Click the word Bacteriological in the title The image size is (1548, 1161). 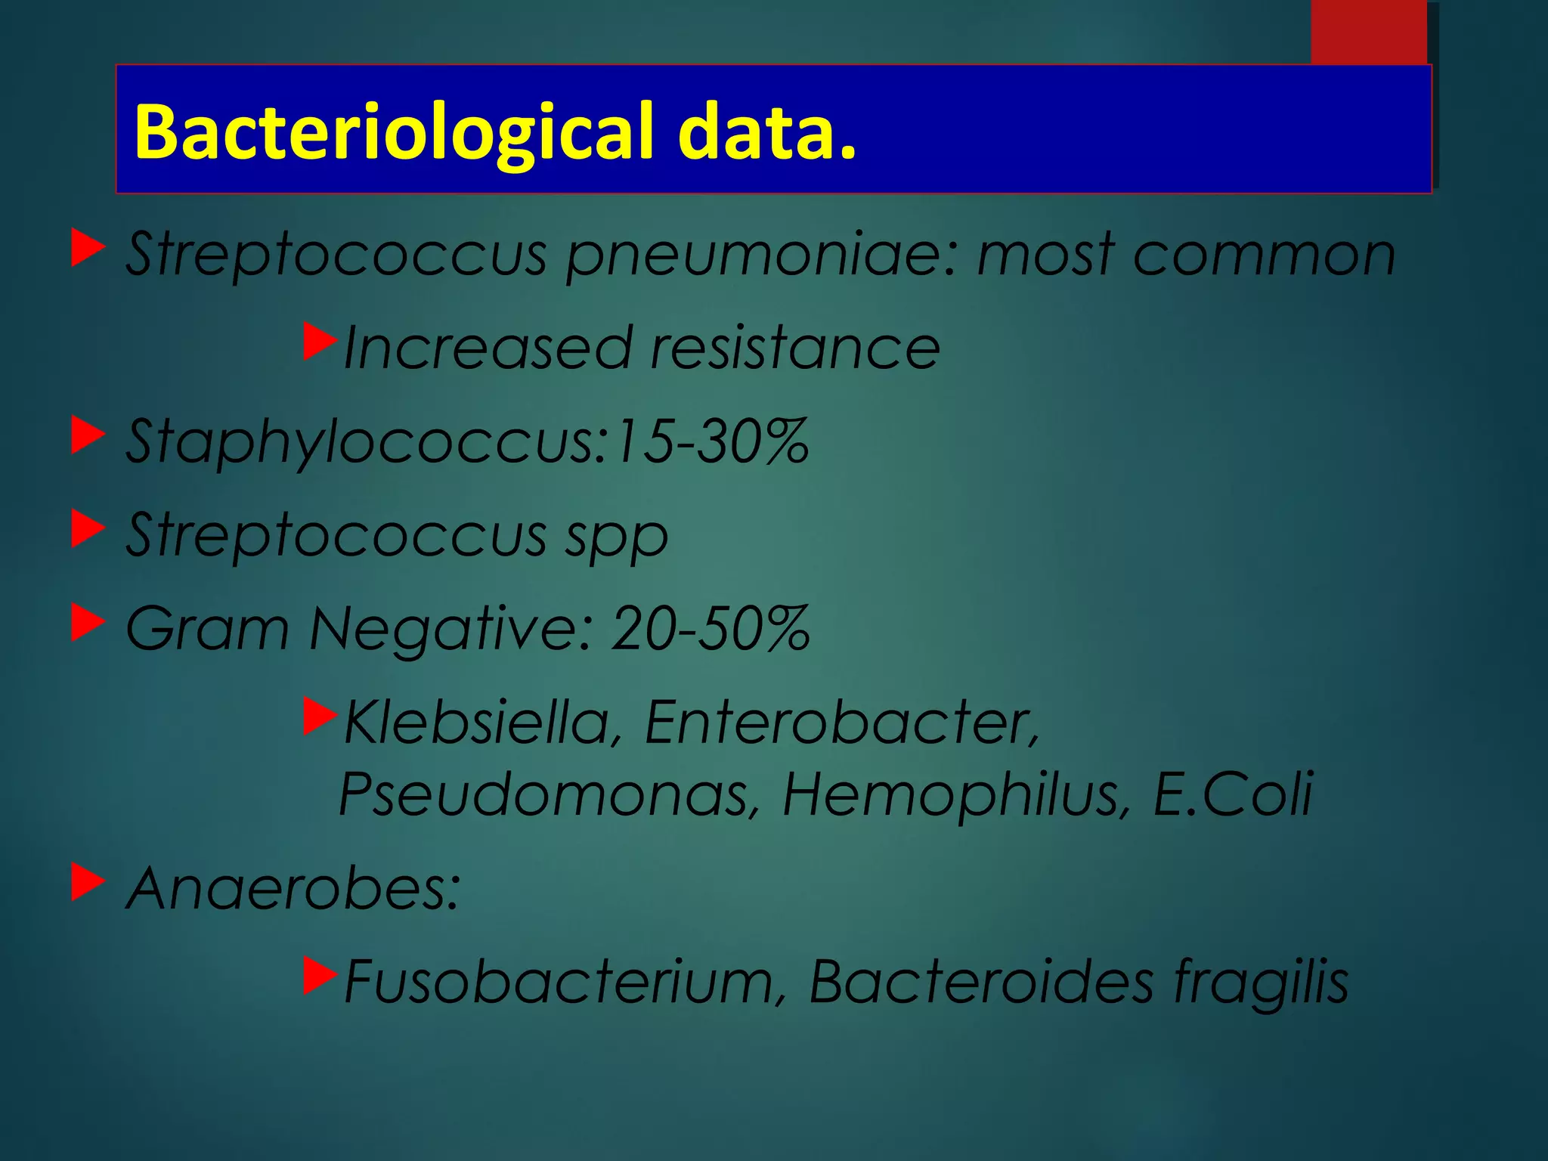tap(393, 132)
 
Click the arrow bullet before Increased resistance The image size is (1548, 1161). tap(319, 342)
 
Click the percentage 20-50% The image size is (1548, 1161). tap(711, 629)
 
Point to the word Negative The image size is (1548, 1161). tap(446, 629)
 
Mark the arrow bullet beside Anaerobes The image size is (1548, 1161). tap(88, 882)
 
